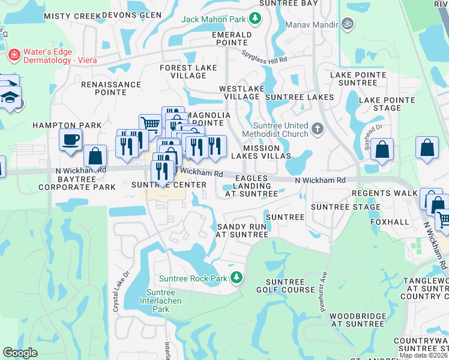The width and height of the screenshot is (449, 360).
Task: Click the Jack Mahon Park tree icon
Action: (255, 19)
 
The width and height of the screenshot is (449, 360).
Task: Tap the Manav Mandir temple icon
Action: (346, 24)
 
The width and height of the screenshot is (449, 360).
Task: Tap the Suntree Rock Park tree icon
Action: (237, 278)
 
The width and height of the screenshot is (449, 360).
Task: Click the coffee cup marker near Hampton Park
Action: (70, 140)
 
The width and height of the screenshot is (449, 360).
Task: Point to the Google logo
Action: (20, 353)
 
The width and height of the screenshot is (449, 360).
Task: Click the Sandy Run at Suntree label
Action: (242, 230)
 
